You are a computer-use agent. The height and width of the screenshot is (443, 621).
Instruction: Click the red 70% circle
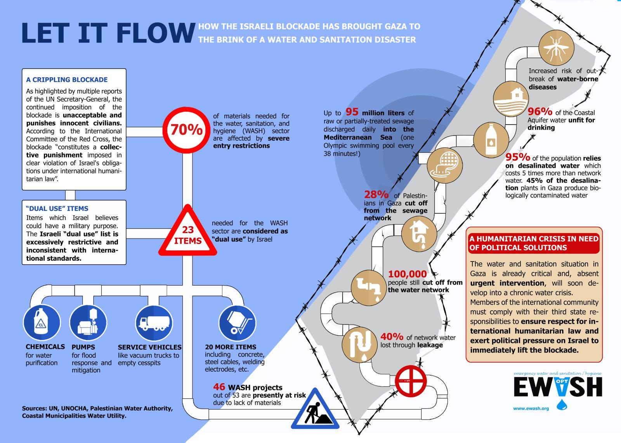click(x=187, y=130)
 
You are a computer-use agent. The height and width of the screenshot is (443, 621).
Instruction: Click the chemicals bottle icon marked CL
click(x=42, y=323)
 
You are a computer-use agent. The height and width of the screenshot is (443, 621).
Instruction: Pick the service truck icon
click(x=154, y=323)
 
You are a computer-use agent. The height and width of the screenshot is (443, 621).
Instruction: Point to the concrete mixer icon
click(x=237, y=323)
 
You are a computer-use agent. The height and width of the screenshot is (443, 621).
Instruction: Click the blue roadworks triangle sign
click(x=315, y=410)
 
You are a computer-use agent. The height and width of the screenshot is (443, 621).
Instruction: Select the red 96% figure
click(x=540, y=112)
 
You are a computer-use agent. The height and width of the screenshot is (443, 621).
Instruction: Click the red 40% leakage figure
click(x=392, y=337)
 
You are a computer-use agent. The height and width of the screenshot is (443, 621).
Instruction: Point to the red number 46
click(x=219, y=387)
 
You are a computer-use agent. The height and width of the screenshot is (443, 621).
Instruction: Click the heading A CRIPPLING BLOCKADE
click(x=67, y=80)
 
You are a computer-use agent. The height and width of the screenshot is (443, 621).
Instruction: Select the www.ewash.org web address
click(x=531, y=408)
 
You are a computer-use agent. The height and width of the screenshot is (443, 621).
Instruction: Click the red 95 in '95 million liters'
click(x=352, y=112)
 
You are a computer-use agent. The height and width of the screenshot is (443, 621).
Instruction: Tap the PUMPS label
click(x=83, y=347)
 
